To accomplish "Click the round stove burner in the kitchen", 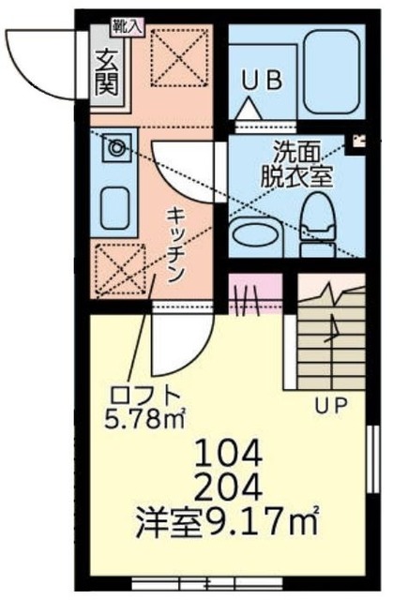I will (x=117, y=147).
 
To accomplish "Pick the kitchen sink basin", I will (x=115, y=204).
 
